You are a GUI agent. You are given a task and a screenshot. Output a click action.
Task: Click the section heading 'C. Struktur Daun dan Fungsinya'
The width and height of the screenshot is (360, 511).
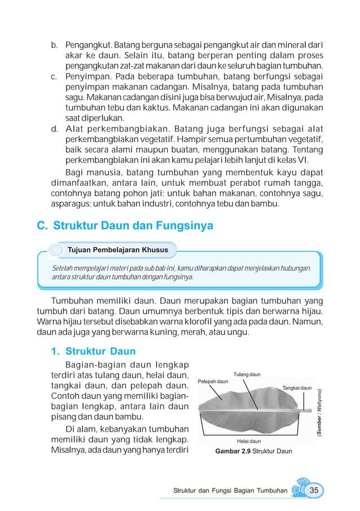125,226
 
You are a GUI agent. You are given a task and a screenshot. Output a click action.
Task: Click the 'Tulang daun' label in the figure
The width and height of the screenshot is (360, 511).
247,375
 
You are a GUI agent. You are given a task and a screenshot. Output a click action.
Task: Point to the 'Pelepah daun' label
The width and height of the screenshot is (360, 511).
213,382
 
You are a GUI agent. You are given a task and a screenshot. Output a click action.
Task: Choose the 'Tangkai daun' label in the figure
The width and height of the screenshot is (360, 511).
296,387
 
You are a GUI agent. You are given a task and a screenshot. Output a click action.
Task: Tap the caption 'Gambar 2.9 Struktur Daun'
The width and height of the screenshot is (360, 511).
253,451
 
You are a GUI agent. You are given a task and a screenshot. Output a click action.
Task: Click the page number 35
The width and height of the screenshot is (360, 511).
314,490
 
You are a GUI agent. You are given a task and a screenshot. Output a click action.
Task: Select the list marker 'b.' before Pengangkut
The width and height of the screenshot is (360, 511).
55,44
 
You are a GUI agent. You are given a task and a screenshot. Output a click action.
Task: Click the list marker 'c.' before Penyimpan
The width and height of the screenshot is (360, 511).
55,76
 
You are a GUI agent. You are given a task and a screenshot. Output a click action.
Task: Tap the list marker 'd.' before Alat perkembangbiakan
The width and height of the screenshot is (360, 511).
55,129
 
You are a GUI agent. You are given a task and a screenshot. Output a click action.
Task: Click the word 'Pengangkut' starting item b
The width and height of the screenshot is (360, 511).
89,44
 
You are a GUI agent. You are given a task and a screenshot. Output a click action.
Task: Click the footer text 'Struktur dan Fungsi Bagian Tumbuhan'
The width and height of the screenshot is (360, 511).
230,491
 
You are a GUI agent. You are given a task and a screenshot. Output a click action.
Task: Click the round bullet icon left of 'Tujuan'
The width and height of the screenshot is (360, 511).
55,249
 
